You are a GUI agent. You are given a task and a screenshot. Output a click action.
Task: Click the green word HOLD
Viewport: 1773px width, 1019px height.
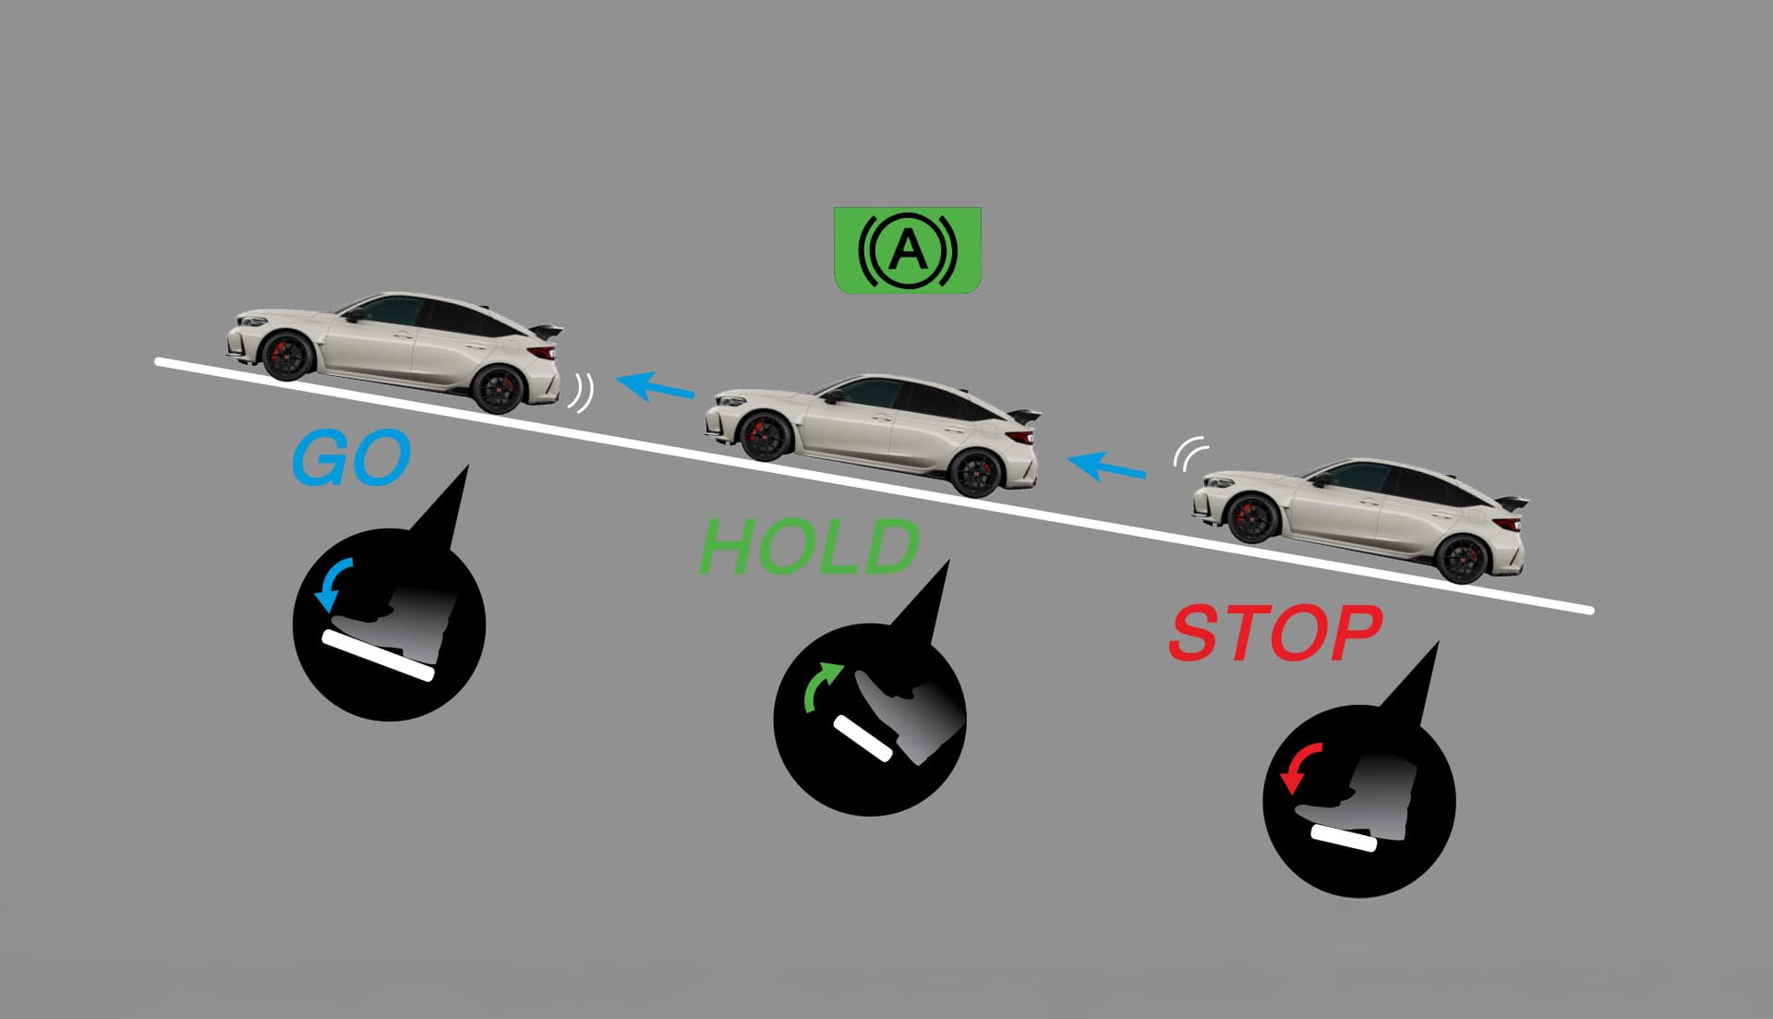pyautogui.click(x=809, y=546)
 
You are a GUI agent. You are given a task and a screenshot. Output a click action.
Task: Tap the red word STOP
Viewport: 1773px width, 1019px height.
pyautogui.click(x=1275, y=634)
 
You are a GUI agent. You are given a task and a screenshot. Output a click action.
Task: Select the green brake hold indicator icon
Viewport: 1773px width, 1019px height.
pyautogui.click(x=907, y=250)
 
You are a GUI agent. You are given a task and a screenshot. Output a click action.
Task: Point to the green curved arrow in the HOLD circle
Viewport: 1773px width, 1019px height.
pyautogui.click(x=821, y=685)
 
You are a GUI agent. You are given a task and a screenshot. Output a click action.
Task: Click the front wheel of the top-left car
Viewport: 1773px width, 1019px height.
pyautogui.click(x=287, y=356)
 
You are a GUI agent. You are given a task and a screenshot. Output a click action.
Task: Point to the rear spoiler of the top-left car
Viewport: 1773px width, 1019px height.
pyautogui.click(x=547, y=330)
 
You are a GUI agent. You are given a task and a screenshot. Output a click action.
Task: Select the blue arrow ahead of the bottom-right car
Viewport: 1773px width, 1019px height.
pyautogui.click(x=1107, y=466)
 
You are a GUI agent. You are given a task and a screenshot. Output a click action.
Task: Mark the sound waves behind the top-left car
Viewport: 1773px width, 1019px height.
pyautogui.click(x=581, y=393)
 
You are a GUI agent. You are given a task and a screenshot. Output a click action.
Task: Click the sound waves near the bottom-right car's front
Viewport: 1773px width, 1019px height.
pyautogui.click(x=1190, y=453)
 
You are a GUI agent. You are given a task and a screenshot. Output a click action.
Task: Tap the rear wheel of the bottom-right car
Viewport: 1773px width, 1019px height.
pyautogui.click(x=1464, y=560)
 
